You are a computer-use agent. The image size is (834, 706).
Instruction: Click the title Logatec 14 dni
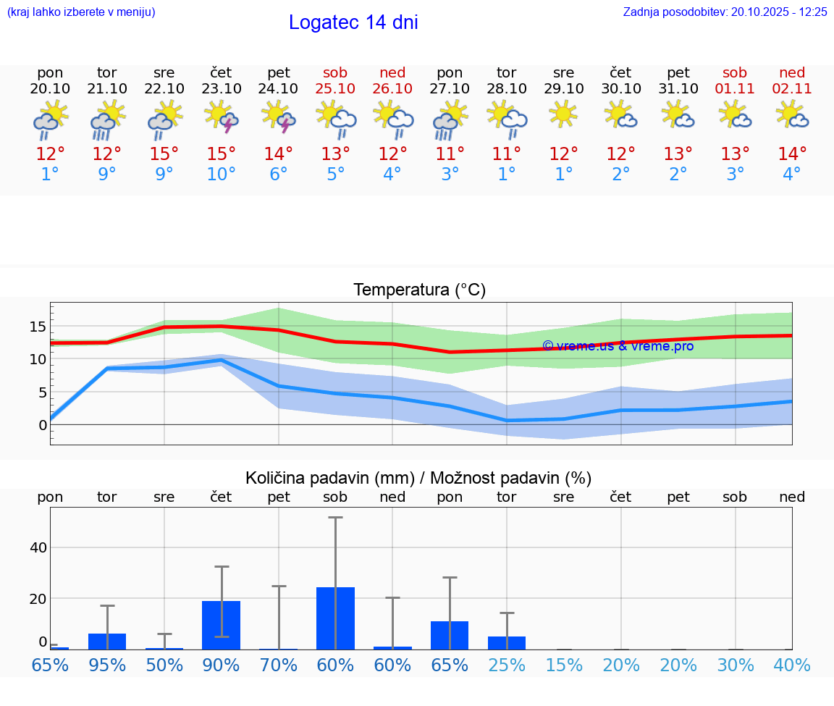point(353,22)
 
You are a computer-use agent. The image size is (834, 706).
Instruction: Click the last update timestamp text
point(725,12)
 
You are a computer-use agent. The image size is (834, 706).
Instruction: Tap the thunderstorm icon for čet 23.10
point(222,117)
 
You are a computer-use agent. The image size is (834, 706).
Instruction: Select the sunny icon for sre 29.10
point(563,114)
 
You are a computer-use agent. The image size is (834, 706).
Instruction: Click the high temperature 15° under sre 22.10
point(164,154)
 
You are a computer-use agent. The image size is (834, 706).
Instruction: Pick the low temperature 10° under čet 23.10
point(222,175)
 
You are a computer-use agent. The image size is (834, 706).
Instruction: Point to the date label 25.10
point(335,88)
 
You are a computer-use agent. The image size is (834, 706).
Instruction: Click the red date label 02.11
point(792,88)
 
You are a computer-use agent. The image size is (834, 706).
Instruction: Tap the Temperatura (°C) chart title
point(419,290)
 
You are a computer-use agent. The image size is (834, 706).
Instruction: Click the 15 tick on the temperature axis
point(38,327)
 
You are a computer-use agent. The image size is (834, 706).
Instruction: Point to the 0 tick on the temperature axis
point(43,425)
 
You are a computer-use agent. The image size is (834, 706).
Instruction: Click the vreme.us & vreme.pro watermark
point(618,346)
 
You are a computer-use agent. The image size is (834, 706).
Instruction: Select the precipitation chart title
point(418,478)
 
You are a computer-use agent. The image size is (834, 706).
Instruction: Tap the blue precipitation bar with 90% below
point(222,625)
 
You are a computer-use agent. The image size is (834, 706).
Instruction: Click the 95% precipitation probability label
point(107,665)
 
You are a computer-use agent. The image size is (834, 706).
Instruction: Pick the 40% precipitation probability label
point(792,665)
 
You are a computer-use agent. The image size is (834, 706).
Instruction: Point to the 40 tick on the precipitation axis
point(38,547)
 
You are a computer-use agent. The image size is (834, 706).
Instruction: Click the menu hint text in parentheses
point(81,12)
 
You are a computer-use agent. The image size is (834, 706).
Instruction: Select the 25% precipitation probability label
point(507,665)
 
